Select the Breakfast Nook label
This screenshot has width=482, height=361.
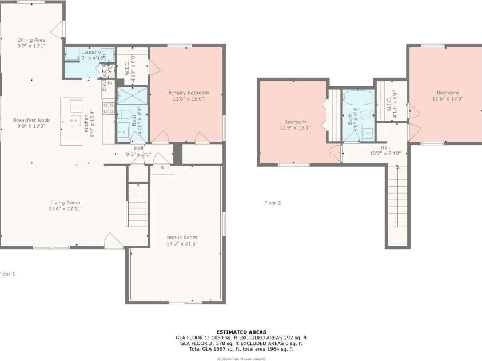pyautogui.click(x=29, y=120)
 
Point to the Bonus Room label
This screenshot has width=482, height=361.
pyautogui.click(x=182, y=238)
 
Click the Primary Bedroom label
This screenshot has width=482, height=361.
pyautogui.click(x=188, y=93)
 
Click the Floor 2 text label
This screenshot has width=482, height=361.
pyautogui.click(x=272, y=203)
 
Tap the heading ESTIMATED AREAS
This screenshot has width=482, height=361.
pyautogui.click(x=241, y=332)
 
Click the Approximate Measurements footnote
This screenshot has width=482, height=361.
pyautogui.click(x=241, y=359)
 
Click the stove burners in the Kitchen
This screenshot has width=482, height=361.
pyautogui.click(x=108, y=108)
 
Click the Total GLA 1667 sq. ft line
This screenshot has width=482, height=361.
pyautogui.click(x=241, y=349)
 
